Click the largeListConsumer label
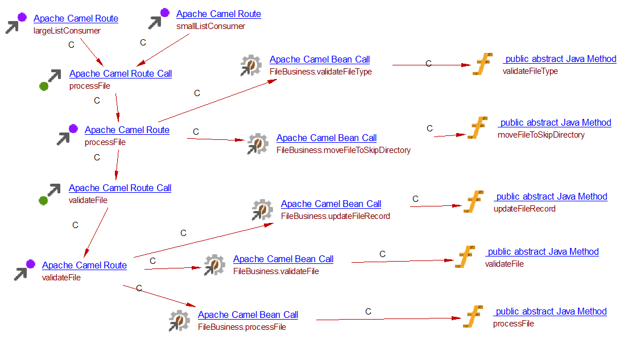tap(67, 31)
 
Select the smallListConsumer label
tap(210, 26)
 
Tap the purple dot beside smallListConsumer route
tap(164, 13)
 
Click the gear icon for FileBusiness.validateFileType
tap(250, 65)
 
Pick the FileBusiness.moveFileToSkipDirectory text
tap(343, 150)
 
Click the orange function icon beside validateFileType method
tap(482, 64)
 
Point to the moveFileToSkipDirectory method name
tap(541, 135)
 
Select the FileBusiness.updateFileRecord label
tap(335, 216)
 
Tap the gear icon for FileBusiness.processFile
tap(179, 321)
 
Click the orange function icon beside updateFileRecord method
tap(473, 202)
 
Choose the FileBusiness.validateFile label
tap(276, 271)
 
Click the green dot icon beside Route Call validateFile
tap(44, 200)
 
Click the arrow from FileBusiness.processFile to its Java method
tap(387, 319)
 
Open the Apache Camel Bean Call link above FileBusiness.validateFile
tap(283, 259)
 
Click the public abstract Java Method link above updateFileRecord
tap(551, 197)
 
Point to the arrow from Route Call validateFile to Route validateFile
tap(96, 233)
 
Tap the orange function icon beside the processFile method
tap(473, 317)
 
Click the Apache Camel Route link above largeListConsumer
tap(76, 19)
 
